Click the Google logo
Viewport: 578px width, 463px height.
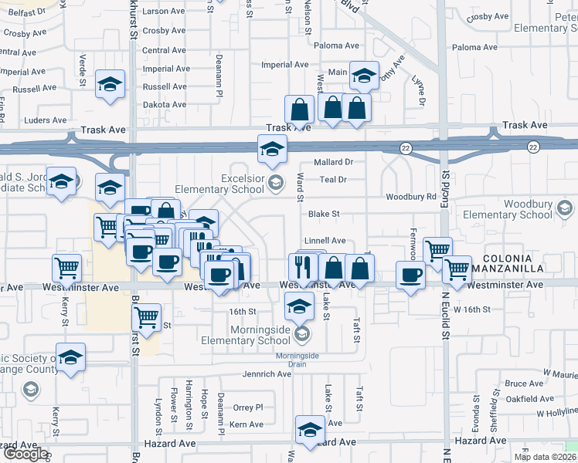click(x=25, y=453)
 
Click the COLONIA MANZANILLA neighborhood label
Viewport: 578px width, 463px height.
click(x=529, y=264)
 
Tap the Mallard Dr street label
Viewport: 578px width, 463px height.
click(x=333, y=162)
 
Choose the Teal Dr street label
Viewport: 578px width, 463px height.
click(x=332, y=179)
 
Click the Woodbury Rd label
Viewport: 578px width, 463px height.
click(x=411, y=197)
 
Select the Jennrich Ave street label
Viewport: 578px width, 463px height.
click(x=266, y=374)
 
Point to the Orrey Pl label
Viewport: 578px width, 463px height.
click(x=248, y=407)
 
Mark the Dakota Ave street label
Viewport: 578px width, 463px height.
click(x=165, y=104)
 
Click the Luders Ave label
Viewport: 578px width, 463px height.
click(x=46, y=120)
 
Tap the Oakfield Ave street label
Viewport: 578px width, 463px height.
click(x=529, y=399)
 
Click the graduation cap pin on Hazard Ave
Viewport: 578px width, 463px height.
click(x=310, y=431)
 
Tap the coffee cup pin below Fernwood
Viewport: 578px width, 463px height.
click(x=411, y=275)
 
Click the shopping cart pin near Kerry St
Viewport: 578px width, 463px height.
click(x=67, y=269)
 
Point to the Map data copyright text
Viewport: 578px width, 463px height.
click(x=544, y=457)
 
